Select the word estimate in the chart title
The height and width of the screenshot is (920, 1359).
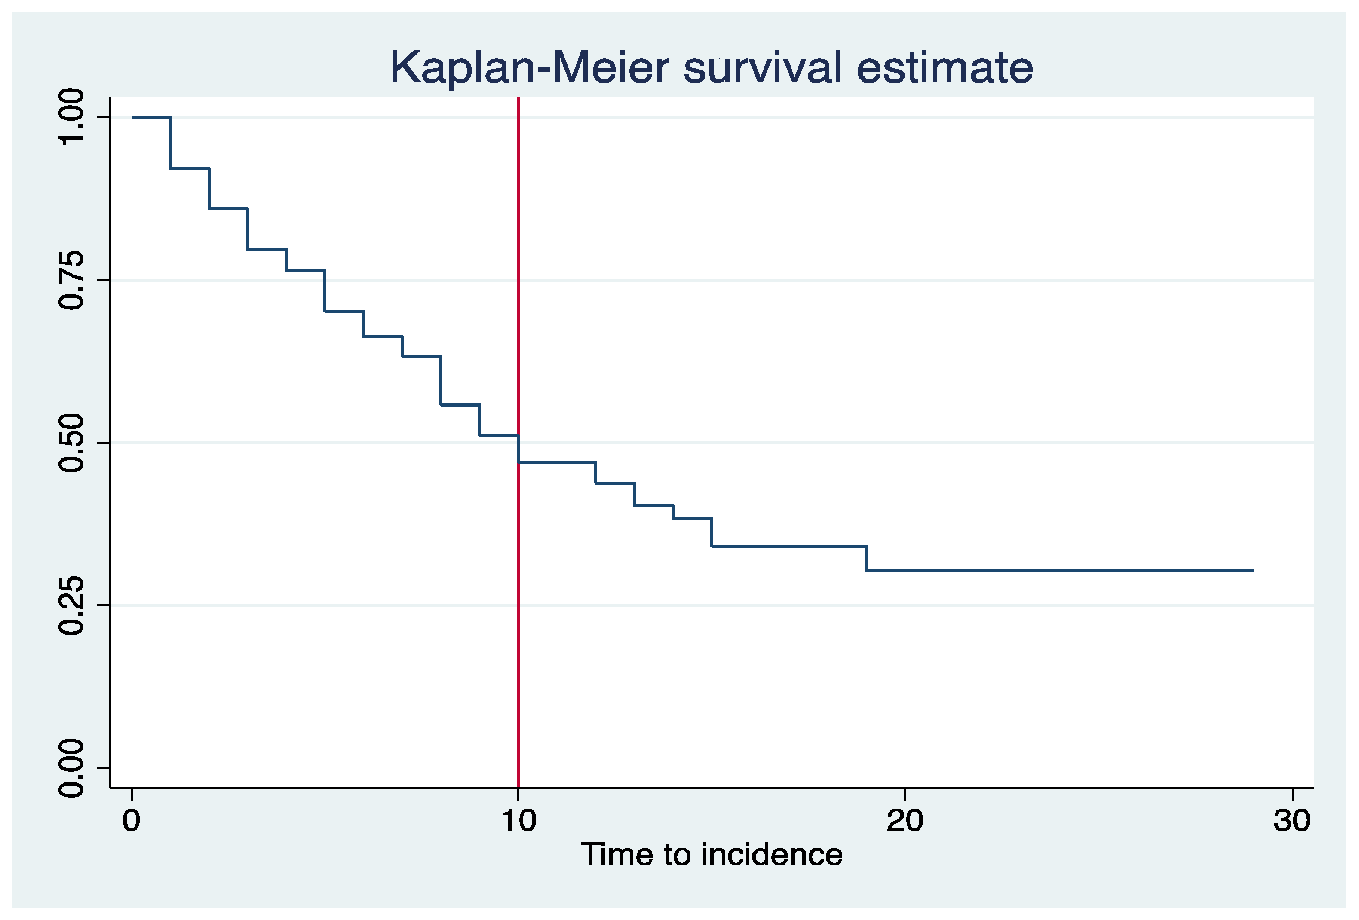945,68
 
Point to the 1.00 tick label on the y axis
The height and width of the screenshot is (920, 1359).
72,116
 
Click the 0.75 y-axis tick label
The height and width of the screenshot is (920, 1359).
72,280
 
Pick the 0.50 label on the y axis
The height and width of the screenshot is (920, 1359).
72,443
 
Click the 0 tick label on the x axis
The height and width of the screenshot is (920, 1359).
132,821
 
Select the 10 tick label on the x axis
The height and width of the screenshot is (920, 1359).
518,821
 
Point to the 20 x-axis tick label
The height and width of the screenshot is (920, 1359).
905,821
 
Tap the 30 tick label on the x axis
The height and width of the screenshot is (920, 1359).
1292,821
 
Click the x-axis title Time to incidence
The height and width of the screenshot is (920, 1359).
711,855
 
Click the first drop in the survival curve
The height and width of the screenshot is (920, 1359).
170,143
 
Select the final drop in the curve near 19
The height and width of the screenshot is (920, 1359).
866,558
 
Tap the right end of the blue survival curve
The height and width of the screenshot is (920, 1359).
1252,571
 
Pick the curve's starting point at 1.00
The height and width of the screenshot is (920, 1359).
133,117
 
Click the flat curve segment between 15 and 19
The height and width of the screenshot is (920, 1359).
789,546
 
